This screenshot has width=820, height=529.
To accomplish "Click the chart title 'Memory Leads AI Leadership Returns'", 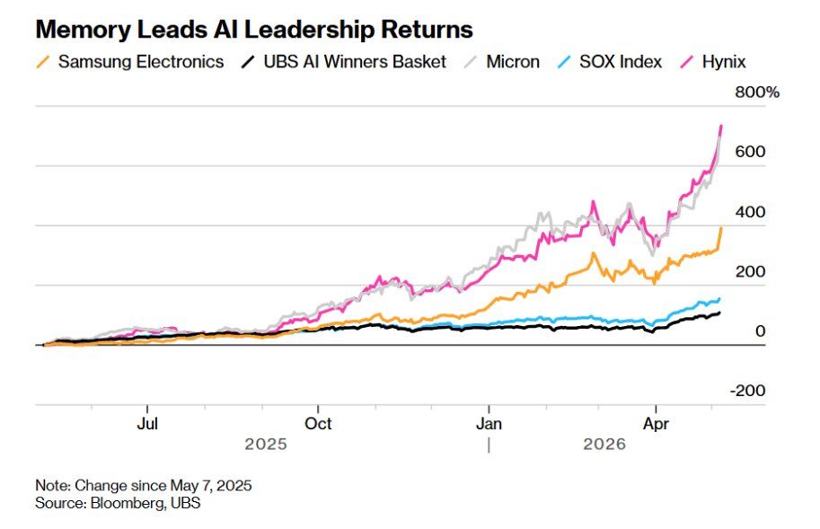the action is pyautogui.click(x=254, y=30).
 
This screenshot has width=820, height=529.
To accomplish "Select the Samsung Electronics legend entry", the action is pyautogui.click(x=130, y=62).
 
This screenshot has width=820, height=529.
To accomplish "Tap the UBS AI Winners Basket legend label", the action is pyautogui.click(x=344, y=62).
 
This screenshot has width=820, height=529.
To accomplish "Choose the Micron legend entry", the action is pyautogui.click(x=502, y=62).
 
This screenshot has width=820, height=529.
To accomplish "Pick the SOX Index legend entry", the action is pyautogui.click(x=610, y=62).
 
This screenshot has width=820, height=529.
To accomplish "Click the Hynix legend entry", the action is pyautogui.click(x=713, y=62).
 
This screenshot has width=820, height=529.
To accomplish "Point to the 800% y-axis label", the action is pyautogui.click(x=757, y=93).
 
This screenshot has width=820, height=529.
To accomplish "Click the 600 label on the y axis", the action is pyautogui.click(x=750, y=152).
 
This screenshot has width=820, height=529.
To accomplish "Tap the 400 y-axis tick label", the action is pyautogui.click(x=750, y=212).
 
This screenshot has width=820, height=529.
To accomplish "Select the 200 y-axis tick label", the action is pyautogui.click(x=750, y=271).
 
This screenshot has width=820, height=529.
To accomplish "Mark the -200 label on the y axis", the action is pyautogui.click(x=747, y=391).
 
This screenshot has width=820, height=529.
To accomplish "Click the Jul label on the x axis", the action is pyautogui.click(x=147, y=423).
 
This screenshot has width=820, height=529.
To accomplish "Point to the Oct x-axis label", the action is pyautogui.click(x=318, y=423).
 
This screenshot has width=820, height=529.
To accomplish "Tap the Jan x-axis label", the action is pyautogui.click(x=489, y=423).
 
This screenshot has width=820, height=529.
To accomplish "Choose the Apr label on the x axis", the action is pyautogui.click(x=656, y=424).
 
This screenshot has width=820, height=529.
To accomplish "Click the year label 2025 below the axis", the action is pyautogui.click(x=266, y=445).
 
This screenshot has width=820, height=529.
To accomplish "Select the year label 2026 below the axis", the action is pyautogui.click(x=604, y=445).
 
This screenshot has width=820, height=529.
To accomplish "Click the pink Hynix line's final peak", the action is pyautogui.click(x=721, y=126).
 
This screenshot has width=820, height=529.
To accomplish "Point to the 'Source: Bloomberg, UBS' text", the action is pyautogui.click(x=118, y=503).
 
